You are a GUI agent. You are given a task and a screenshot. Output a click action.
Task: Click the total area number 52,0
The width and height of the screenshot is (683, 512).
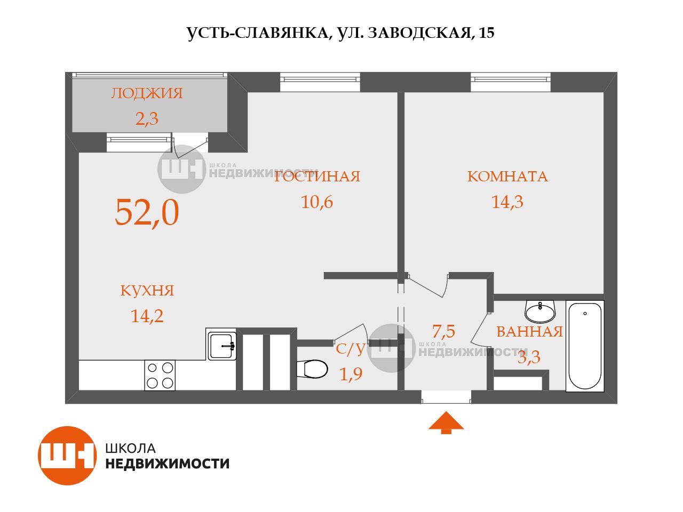(x=147, y=212)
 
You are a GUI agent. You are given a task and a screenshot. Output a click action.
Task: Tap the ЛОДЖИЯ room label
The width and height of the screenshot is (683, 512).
(x=147, y=93)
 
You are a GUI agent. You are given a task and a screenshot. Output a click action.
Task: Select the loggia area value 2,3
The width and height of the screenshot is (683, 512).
(x=147, y=118)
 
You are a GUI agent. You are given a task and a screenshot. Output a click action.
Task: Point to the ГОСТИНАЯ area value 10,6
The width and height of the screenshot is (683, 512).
(x=317, y=202)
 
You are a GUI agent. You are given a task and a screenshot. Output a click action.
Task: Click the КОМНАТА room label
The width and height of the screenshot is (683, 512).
(x=507, y=177)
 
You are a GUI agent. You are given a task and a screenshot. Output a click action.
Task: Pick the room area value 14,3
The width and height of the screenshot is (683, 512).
(x=507, y=202)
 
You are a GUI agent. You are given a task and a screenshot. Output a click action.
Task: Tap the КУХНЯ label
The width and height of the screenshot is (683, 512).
(x=147, y=291)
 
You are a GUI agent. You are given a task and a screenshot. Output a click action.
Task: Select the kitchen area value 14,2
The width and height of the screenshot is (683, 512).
(x=147, y=316)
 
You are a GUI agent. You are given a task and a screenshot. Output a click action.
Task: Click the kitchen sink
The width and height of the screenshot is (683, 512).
(x=222, y=345)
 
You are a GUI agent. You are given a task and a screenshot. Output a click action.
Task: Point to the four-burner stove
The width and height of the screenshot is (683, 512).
(x=160, y=375)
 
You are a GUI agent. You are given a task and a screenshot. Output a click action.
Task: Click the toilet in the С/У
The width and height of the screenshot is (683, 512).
(x=312, y=369)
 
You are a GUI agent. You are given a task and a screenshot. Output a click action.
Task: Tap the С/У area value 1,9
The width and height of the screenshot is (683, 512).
(x=351, y=374)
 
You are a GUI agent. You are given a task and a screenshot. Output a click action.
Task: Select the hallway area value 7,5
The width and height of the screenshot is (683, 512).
(x=443, y=332)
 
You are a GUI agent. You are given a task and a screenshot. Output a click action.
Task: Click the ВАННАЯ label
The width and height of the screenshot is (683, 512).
(x=529, y=332)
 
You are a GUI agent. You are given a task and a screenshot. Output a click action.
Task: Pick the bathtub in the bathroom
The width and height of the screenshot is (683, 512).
(x=585, y=346)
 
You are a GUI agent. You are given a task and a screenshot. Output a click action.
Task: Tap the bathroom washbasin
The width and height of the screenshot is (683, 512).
(x=540, y=310)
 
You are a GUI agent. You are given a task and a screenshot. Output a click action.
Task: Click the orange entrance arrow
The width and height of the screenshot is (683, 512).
(x=446, y=421)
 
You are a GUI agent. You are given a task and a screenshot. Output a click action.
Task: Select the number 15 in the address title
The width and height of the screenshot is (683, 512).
(x=487, y=33)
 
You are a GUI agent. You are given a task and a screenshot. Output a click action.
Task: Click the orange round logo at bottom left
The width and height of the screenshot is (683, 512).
(x=67, y=455)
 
